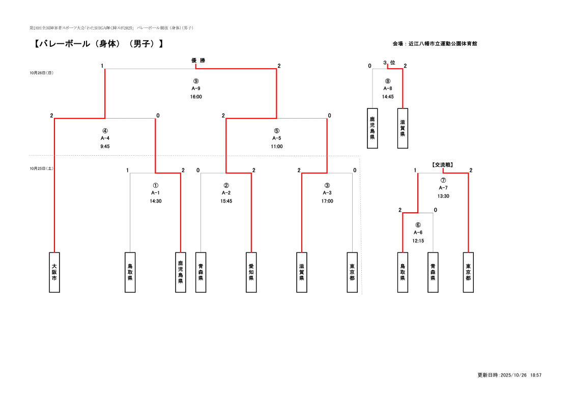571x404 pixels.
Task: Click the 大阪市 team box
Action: click(54, 272)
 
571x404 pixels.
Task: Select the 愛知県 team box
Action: click(251, 272)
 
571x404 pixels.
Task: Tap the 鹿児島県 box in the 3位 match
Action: click(373, 128)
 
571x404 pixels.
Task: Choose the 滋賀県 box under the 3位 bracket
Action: click(403, 128)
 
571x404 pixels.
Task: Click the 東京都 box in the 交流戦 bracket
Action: click(468, 272)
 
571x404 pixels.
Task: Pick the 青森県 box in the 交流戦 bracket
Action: click(433, 272)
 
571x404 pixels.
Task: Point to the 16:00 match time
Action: click(196, 97)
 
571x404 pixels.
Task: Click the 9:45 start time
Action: click(105, 147)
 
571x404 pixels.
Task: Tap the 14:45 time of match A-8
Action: click(388, 97)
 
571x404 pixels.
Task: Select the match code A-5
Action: click(277, 138)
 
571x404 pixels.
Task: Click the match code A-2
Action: click(226, 193)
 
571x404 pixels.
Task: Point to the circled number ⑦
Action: click(443, 180)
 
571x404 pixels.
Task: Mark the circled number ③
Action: click(327, 185)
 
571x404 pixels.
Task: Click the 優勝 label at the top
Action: click(198, 61)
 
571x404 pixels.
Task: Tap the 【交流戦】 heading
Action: click(442, 164)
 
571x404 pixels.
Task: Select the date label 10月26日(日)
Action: click(42, 73)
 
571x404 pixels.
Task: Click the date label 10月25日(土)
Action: click(42, 168)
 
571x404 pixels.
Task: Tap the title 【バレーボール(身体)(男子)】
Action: click(99, 44)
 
